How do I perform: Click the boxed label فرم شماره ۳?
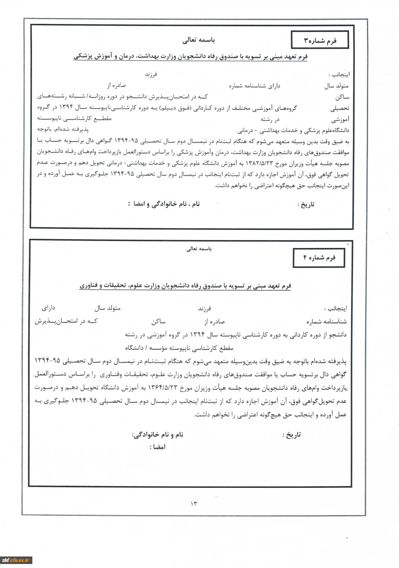pyautogui.click(x=320, y=40)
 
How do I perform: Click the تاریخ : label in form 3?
pyautogui.click(x=305, y=205)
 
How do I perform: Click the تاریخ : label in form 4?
pyautogui.click(x=291, y=435)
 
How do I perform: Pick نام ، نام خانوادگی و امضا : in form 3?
pyautogui.click(x=164, y=204)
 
